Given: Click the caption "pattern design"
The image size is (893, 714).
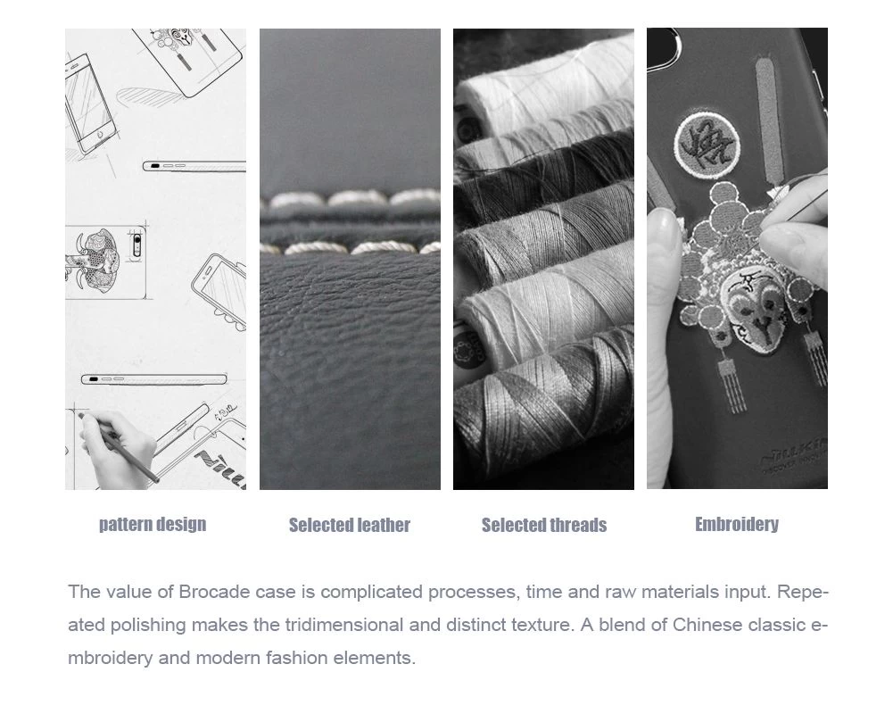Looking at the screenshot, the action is tap(153, 524).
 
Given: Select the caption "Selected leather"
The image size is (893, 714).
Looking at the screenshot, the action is tap(349, 525).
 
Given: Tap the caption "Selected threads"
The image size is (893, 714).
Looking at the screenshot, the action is tap(544, 525).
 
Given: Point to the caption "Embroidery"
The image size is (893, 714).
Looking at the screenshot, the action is tap(736, 524).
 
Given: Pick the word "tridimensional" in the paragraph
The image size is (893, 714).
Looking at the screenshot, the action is tap(344, 625).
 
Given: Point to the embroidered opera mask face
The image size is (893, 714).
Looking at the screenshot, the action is tap(756, 309).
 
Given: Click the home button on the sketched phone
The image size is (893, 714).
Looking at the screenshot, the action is tap(100, 135).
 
